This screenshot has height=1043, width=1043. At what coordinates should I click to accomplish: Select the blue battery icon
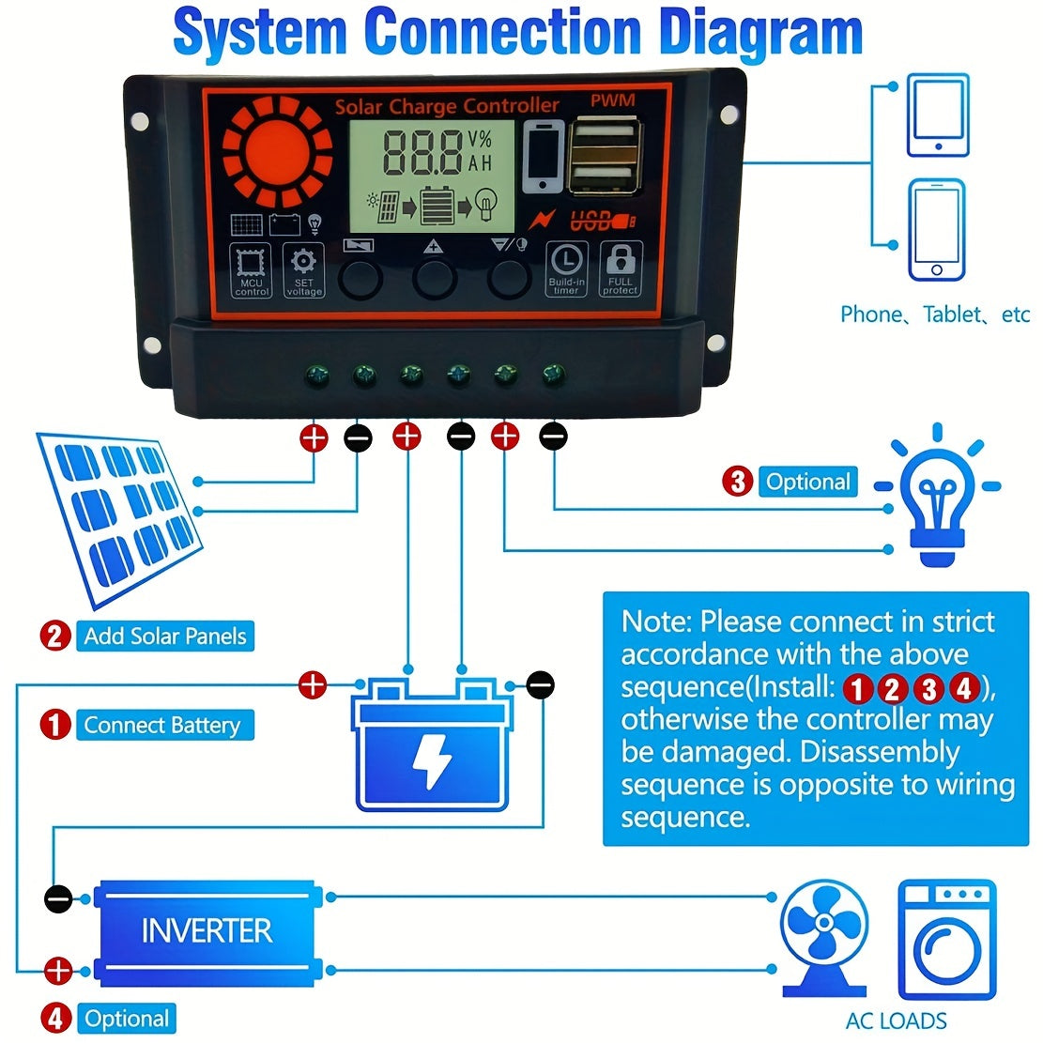point(432,746)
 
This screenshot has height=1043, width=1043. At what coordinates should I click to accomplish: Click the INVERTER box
point(207,932)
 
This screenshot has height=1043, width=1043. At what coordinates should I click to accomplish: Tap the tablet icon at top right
point(937,115)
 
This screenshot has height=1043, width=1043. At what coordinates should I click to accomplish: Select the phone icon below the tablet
point(936,231)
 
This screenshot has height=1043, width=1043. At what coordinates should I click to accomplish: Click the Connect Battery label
point(162,726)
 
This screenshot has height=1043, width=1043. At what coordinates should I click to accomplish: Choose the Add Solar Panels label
point(165,637)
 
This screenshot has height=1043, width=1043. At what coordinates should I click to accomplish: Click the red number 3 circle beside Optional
point(737,482)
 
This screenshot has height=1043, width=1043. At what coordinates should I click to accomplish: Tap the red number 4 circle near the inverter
point(55,1019)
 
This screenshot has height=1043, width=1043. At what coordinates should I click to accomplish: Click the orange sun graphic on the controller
point(277,154)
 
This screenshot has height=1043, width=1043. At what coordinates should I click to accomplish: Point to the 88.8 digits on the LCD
point(422,153)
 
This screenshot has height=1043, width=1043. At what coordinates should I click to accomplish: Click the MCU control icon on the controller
point(252,270)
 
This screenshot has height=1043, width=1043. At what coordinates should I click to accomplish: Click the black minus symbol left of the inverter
point(58,898)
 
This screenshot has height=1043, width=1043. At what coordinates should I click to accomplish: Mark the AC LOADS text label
point(896,1021)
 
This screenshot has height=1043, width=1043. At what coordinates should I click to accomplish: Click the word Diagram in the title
point(760,33)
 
